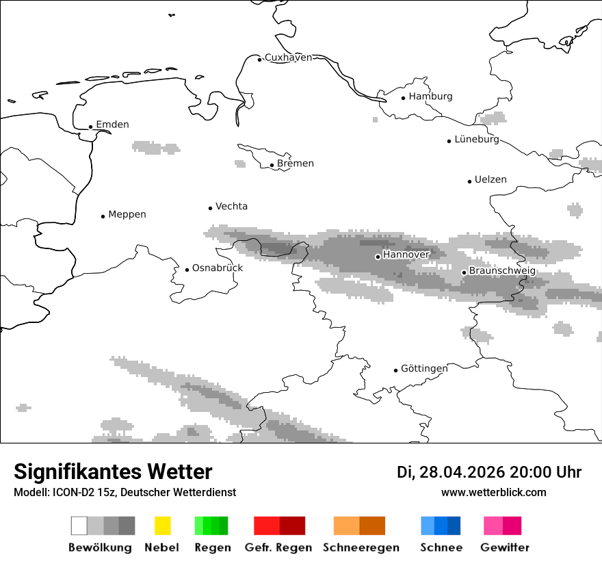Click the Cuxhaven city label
288,57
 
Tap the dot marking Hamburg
403,97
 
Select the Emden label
112,125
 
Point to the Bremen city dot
272,164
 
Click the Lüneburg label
477,140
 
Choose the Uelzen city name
490,180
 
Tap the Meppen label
127,214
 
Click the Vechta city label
231,206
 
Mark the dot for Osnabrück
187,270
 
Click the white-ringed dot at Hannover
378,257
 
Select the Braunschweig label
502,271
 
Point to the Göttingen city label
424,369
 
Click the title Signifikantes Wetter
113,472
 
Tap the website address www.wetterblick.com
493,493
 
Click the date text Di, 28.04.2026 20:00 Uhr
488,472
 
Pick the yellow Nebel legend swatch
162,526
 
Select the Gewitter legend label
504,547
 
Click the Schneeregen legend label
361,547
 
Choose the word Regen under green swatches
211,547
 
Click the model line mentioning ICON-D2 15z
125,493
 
